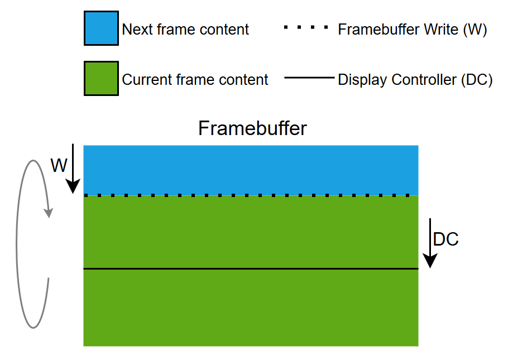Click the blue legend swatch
pyautogui.click(x=101, y=28)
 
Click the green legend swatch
pyautogui.click(x=101, y=79)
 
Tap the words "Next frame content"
pyautogui.click(x=185, y=29)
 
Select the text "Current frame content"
pyautogui.click(x=195, y=80)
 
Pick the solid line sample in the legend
pyautogui.click(x=309, y=78)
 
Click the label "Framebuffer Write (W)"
pyautogui.click(x=413, y=29)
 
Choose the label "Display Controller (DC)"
pyautogui.click(x=415, y=80)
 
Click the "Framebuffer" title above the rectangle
pyautogui.click(x=252, y=128)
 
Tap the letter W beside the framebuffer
pyautogui.click(x=59, y=165)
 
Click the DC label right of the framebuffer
pyautogui.click(x=445, y=239)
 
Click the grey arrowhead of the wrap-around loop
pyautogui.click(x=49, y=213)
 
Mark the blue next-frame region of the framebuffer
pyautogui.click(x=251, y=170)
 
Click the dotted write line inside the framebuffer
pyautogui.click(x=251, y=195)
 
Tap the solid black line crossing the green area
pyautogui.click(x=251, y=269)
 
